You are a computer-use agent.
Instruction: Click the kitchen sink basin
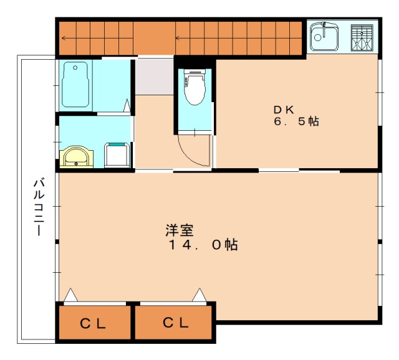(x=324, y=36)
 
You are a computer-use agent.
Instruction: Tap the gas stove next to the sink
(x=362, y=37)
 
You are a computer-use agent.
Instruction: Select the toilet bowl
(x=195, y=87)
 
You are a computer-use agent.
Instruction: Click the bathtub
(x=75, y=85)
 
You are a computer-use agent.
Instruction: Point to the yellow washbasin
(x=76, y=156)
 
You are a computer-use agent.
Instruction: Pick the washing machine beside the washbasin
(x=117, y=155)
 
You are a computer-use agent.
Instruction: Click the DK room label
(x=284, y=110)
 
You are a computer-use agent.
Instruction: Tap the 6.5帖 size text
(x=297, y=121)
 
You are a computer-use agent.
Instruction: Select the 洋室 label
(x=180, y=230)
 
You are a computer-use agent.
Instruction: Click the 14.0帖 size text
(x=203, y=245)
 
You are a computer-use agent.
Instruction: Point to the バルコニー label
(x=39, y=207)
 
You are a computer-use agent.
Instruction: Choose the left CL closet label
(x=93, y=324)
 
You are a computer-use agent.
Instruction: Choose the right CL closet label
(x=176, y=323)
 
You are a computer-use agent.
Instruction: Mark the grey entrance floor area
(x=155, y=77)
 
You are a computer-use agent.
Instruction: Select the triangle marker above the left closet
(x=70, y=295)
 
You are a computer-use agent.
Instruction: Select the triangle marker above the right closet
(x=199, y=295)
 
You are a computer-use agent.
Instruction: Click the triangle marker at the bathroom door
(x=127, y=105)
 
